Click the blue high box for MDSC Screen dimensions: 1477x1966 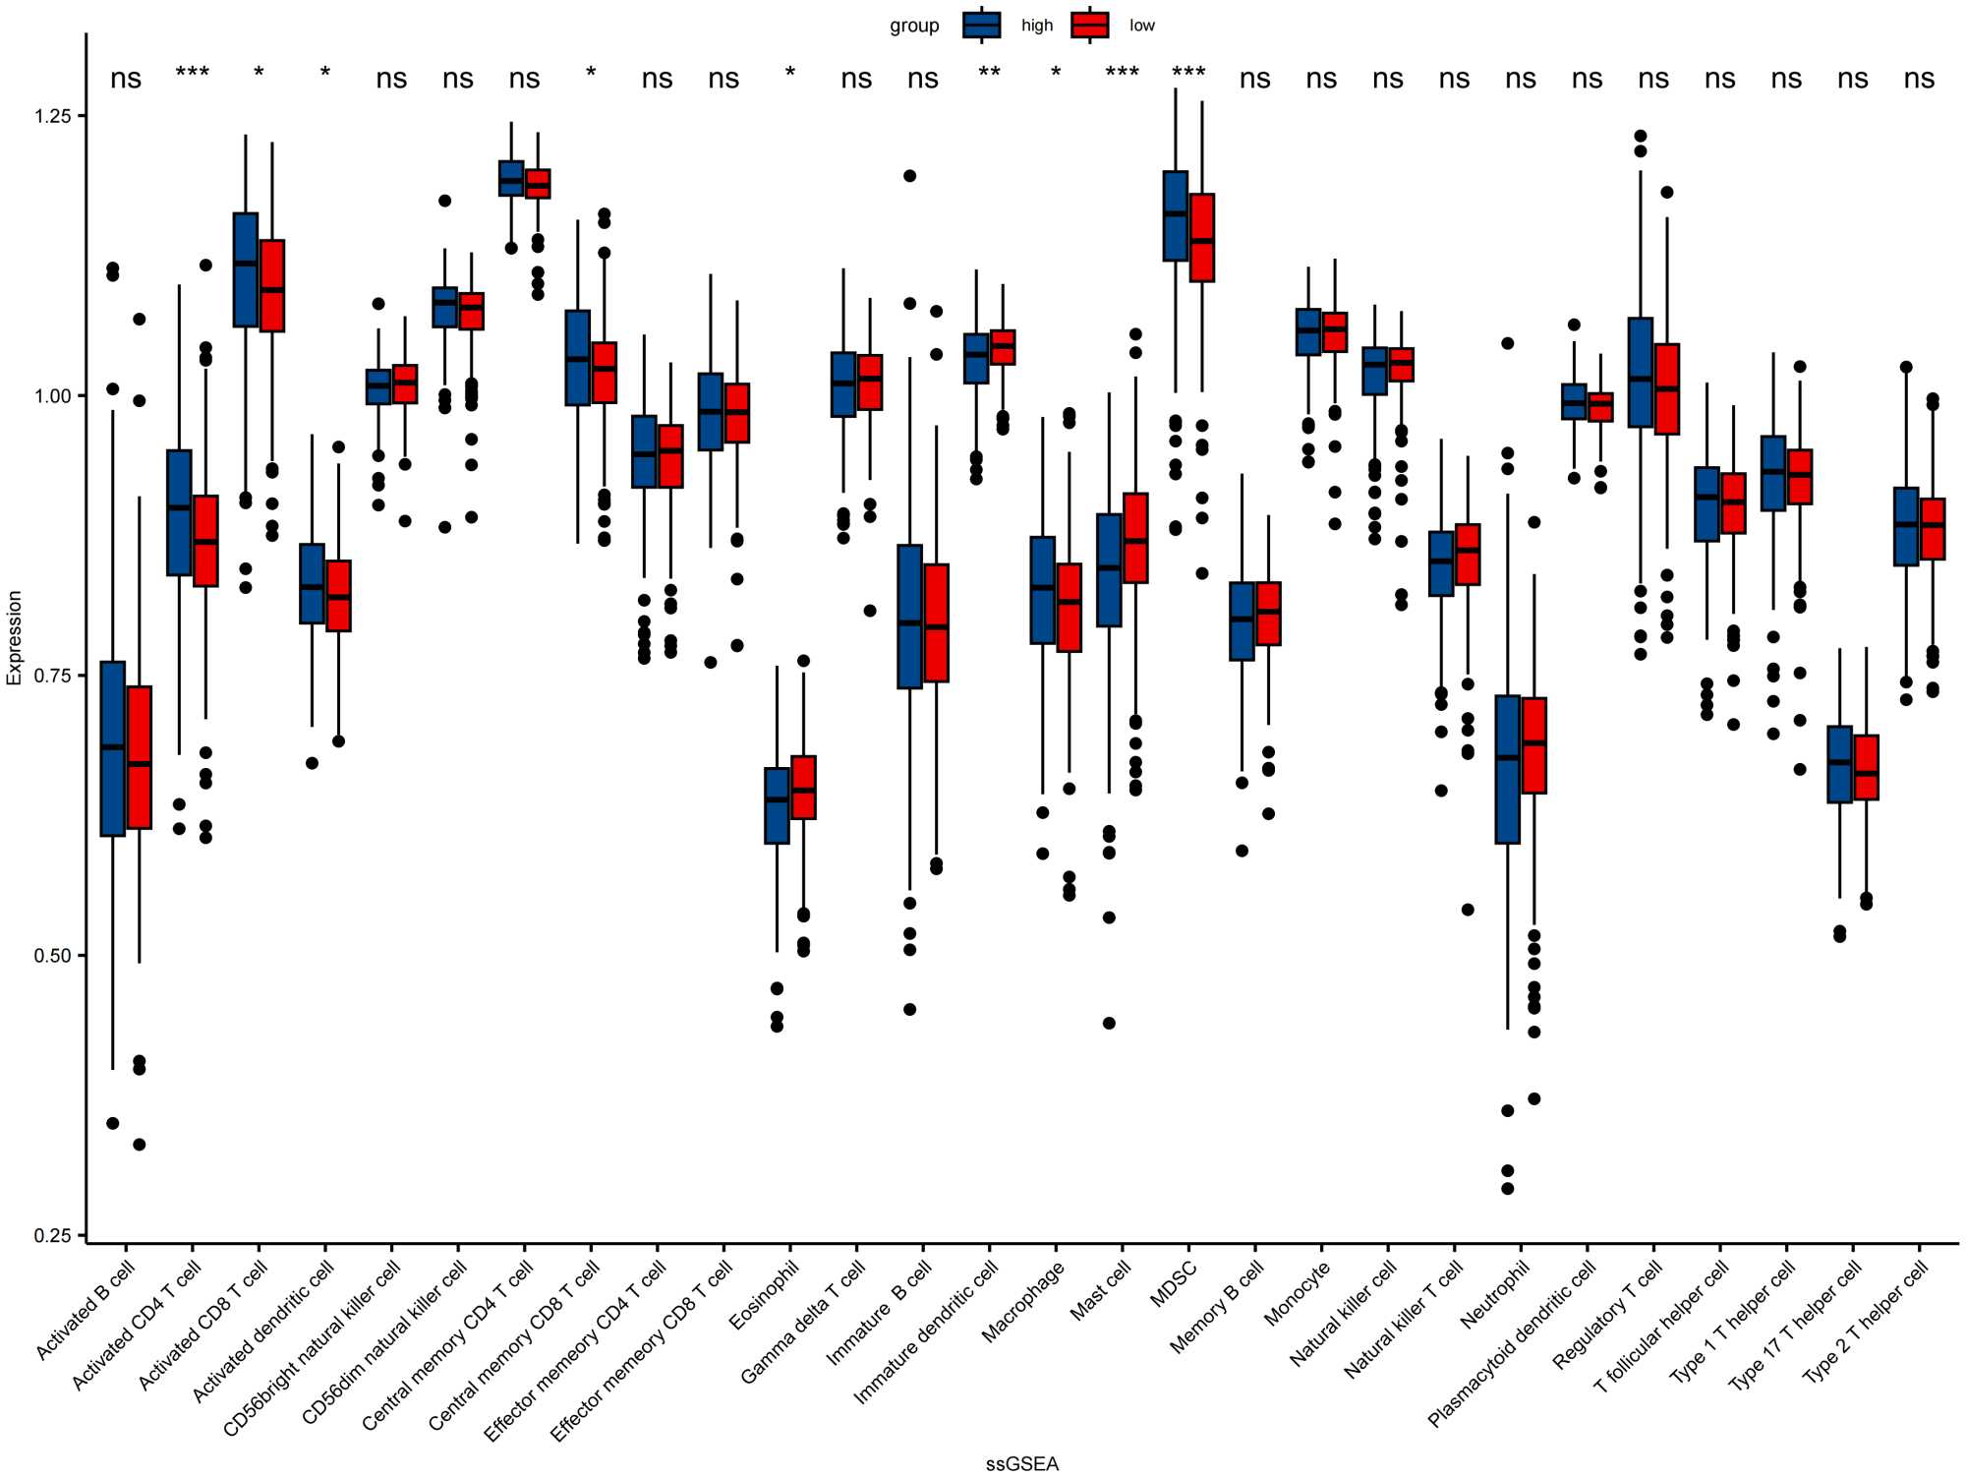point(1175,215)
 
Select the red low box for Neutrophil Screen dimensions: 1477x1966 point(1534,744)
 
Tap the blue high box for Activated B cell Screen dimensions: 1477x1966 point(113,748)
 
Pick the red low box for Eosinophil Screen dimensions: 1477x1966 point(804,787)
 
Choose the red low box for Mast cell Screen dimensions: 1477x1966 point(1135,538)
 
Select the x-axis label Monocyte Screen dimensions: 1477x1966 point(1298,1293)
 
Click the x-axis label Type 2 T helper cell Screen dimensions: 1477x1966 point(1866,1323)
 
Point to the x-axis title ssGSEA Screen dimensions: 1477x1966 point(1022,1464)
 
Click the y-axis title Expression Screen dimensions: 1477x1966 point(14,637)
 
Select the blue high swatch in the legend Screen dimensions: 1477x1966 point(981,26)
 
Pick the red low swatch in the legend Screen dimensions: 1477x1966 point(1090,26)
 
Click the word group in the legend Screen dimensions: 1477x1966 point(914,26)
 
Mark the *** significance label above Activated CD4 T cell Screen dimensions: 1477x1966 point(193,74)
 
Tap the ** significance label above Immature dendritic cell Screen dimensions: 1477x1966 point(989,74)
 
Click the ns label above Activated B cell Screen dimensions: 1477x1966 point(126,79)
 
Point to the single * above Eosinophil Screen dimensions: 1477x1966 point(790,74)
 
